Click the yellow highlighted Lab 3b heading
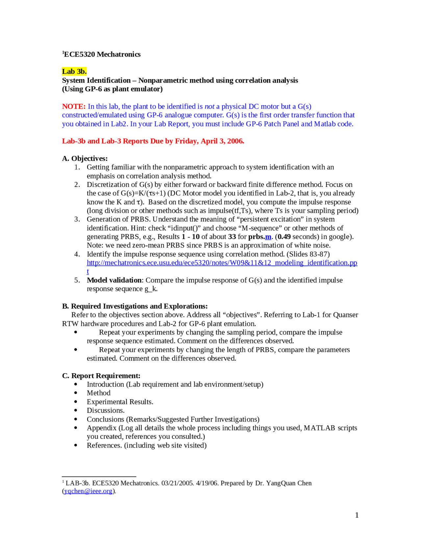74,71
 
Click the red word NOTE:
74,106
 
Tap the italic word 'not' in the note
210,106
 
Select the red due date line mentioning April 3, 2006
153,141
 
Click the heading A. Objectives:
85,158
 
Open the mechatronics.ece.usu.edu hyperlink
222,263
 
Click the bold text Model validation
114,280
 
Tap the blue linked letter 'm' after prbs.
268,237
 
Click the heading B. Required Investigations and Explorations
135,306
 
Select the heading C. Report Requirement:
101,376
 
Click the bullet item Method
98,393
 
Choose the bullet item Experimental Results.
120,402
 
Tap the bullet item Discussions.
106,411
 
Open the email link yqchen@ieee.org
88,491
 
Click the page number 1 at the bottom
357,515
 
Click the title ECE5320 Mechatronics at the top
102,55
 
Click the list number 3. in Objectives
77,219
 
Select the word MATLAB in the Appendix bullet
319,428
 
